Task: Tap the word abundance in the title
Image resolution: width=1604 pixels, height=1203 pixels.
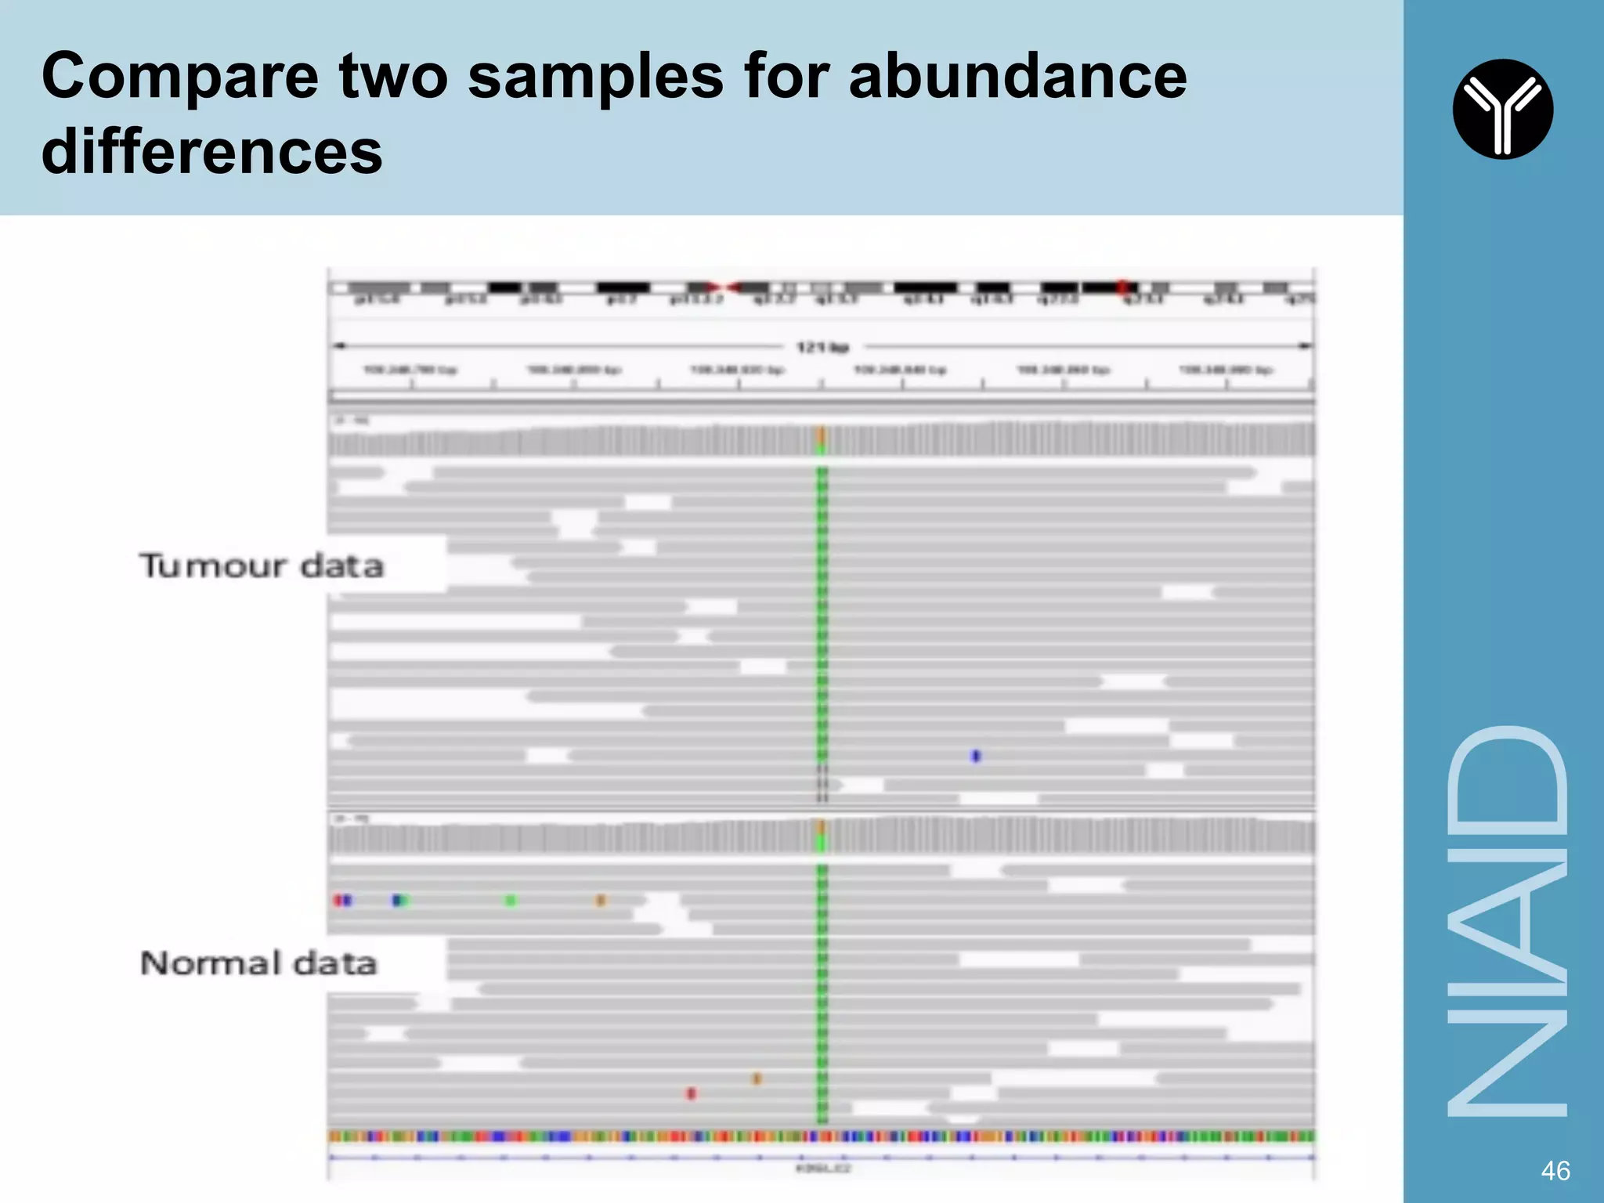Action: [x=1017, y=76]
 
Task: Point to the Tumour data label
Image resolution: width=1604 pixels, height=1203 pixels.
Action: [x=262, y=565]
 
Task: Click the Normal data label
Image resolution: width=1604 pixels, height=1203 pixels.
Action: [x=258, y=963]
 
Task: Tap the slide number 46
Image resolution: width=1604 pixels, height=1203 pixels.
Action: [x=1555, y=1171]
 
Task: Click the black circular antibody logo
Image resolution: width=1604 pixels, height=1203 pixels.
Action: [x=1502, y=109]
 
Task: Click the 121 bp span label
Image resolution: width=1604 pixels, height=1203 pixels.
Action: [x=822, y=347]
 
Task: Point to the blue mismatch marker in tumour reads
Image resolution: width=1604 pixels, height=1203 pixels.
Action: [x=976, y=756]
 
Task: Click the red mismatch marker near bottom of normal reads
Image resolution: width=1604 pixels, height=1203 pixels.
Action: [x=691, y=1093]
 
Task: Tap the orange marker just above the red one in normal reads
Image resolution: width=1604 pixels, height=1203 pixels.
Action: [x=757, y=1078]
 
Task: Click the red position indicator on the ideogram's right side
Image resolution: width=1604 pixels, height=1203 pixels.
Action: [x=1122, y=287]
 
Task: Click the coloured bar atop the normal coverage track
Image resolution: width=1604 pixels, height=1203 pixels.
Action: [x=822, y=836]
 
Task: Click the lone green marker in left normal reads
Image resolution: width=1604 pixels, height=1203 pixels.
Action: [x=511, y=901]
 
